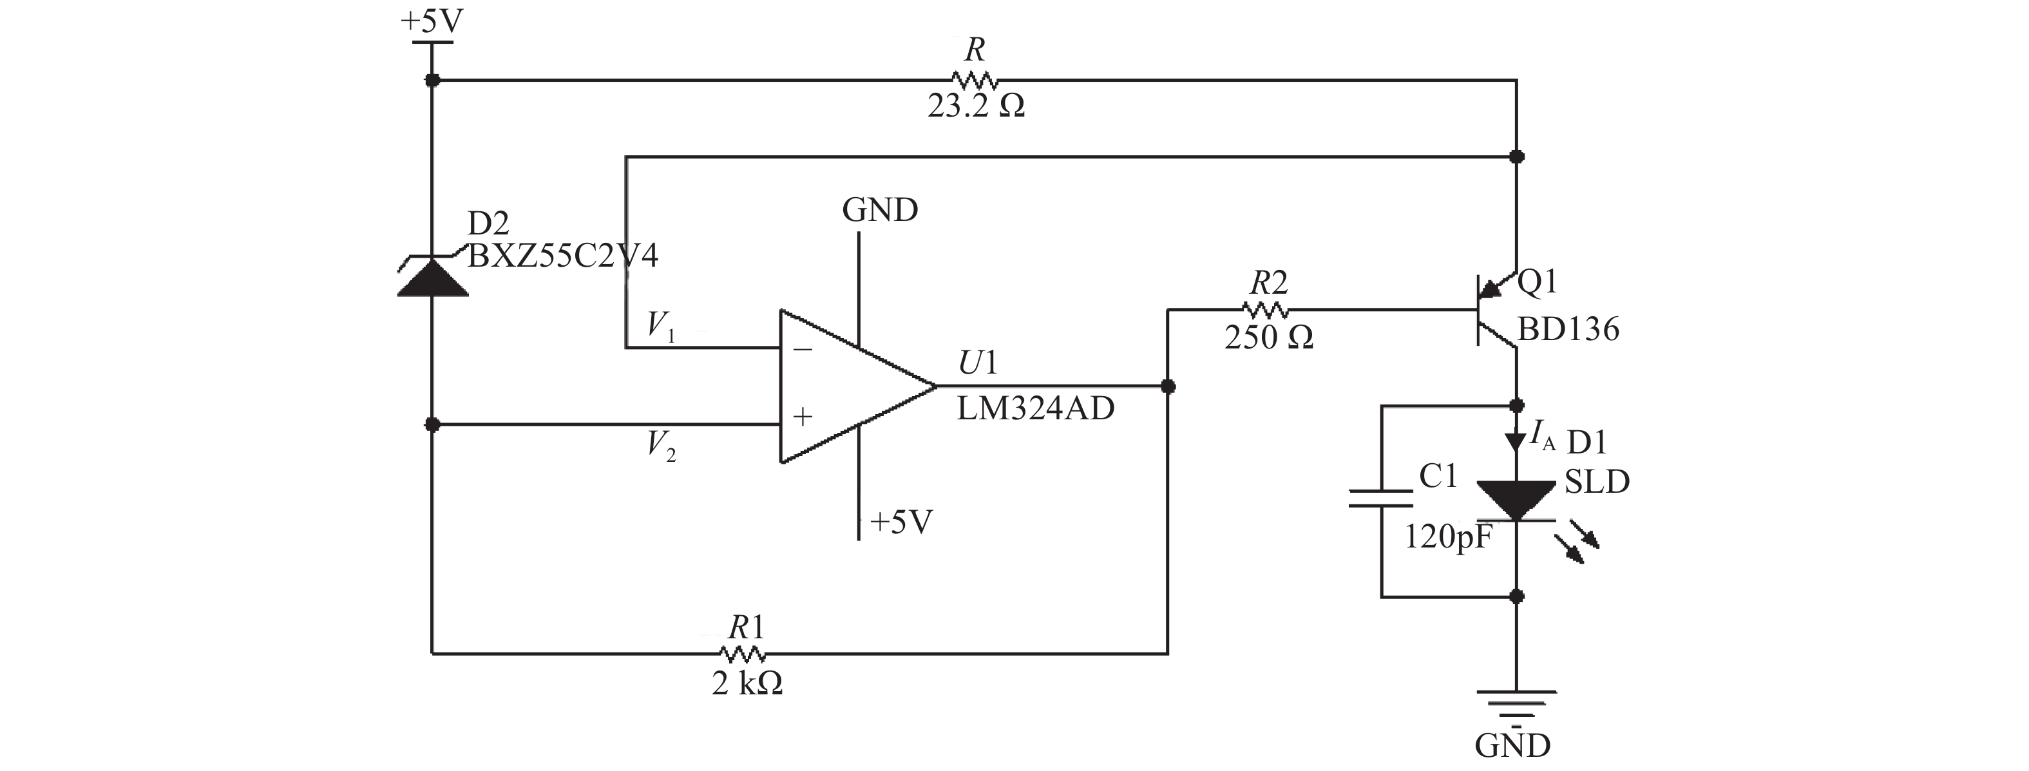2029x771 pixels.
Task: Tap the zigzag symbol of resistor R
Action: (x=975, y=79)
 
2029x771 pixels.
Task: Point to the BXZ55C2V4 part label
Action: (x=562, y=256)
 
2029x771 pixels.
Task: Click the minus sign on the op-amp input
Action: (x=803, y=349)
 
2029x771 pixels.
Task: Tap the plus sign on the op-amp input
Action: (x=803, y=417)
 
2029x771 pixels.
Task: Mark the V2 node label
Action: (x=660, y=446)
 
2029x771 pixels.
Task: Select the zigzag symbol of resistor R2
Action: (x=1266, y=310)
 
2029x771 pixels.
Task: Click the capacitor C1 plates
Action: (x=1382, y=498)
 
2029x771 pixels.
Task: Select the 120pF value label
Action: (x=1449, y=538)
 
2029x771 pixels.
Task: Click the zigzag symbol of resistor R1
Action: (x=743, y=654)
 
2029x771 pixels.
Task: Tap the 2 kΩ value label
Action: (x=747, y=683)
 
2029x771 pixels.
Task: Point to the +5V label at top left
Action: (x=432, y=21)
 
